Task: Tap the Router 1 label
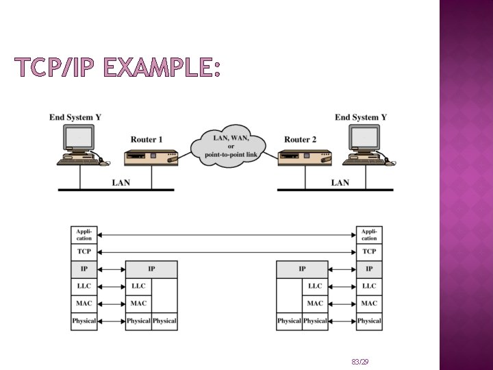[x=147, y=140]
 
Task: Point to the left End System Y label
[x=75, y=117]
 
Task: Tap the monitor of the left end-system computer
[x=79, y=138]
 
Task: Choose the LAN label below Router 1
[x=120, y=182]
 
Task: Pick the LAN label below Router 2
[x=340, y=182]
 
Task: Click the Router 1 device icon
[x=151, y=159]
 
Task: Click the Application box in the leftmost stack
[x=84, y=235]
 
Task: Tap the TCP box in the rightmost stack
[x=369, y=252]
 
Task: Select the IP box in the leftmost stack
[x=84, y=269]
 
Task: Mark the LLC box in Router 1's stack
[x=138, y=286]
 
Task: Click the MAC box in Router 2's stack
[x=315, y=304]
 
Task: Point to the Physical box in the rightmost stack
[x=369, y=321]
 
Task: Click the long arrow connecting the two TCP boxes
[x=226, y=252]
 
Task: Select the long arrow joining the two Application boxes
[x=226, y=235]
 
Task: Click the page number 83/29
[x=359, y=361]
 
